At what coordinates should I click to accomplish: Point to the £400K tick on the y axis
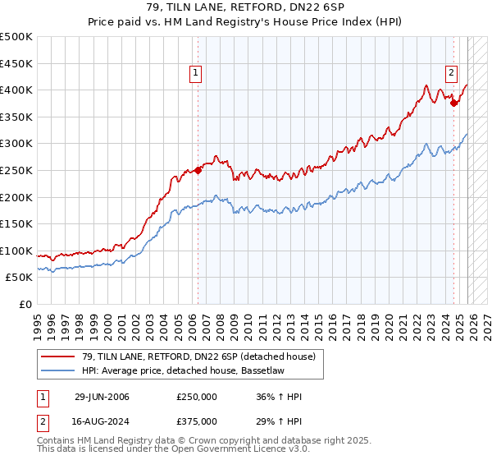pyautogui.click(x=16, y=90)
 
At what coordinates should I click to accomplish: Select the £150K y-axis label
pyautogui.click(x=16, y=223)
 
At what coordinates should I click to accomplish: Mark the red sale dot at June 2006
pyautogui.click(x=198, y=171)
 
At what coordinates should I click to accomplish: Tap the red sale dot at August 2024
pyautogui.click(x=454, y=103)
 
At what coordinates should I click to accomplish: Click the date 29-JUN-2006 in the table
pyautogui.click(x=102, y=397)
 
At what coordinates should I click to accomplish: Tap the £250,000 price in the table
pyautogui.click(x=196, y=397)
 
